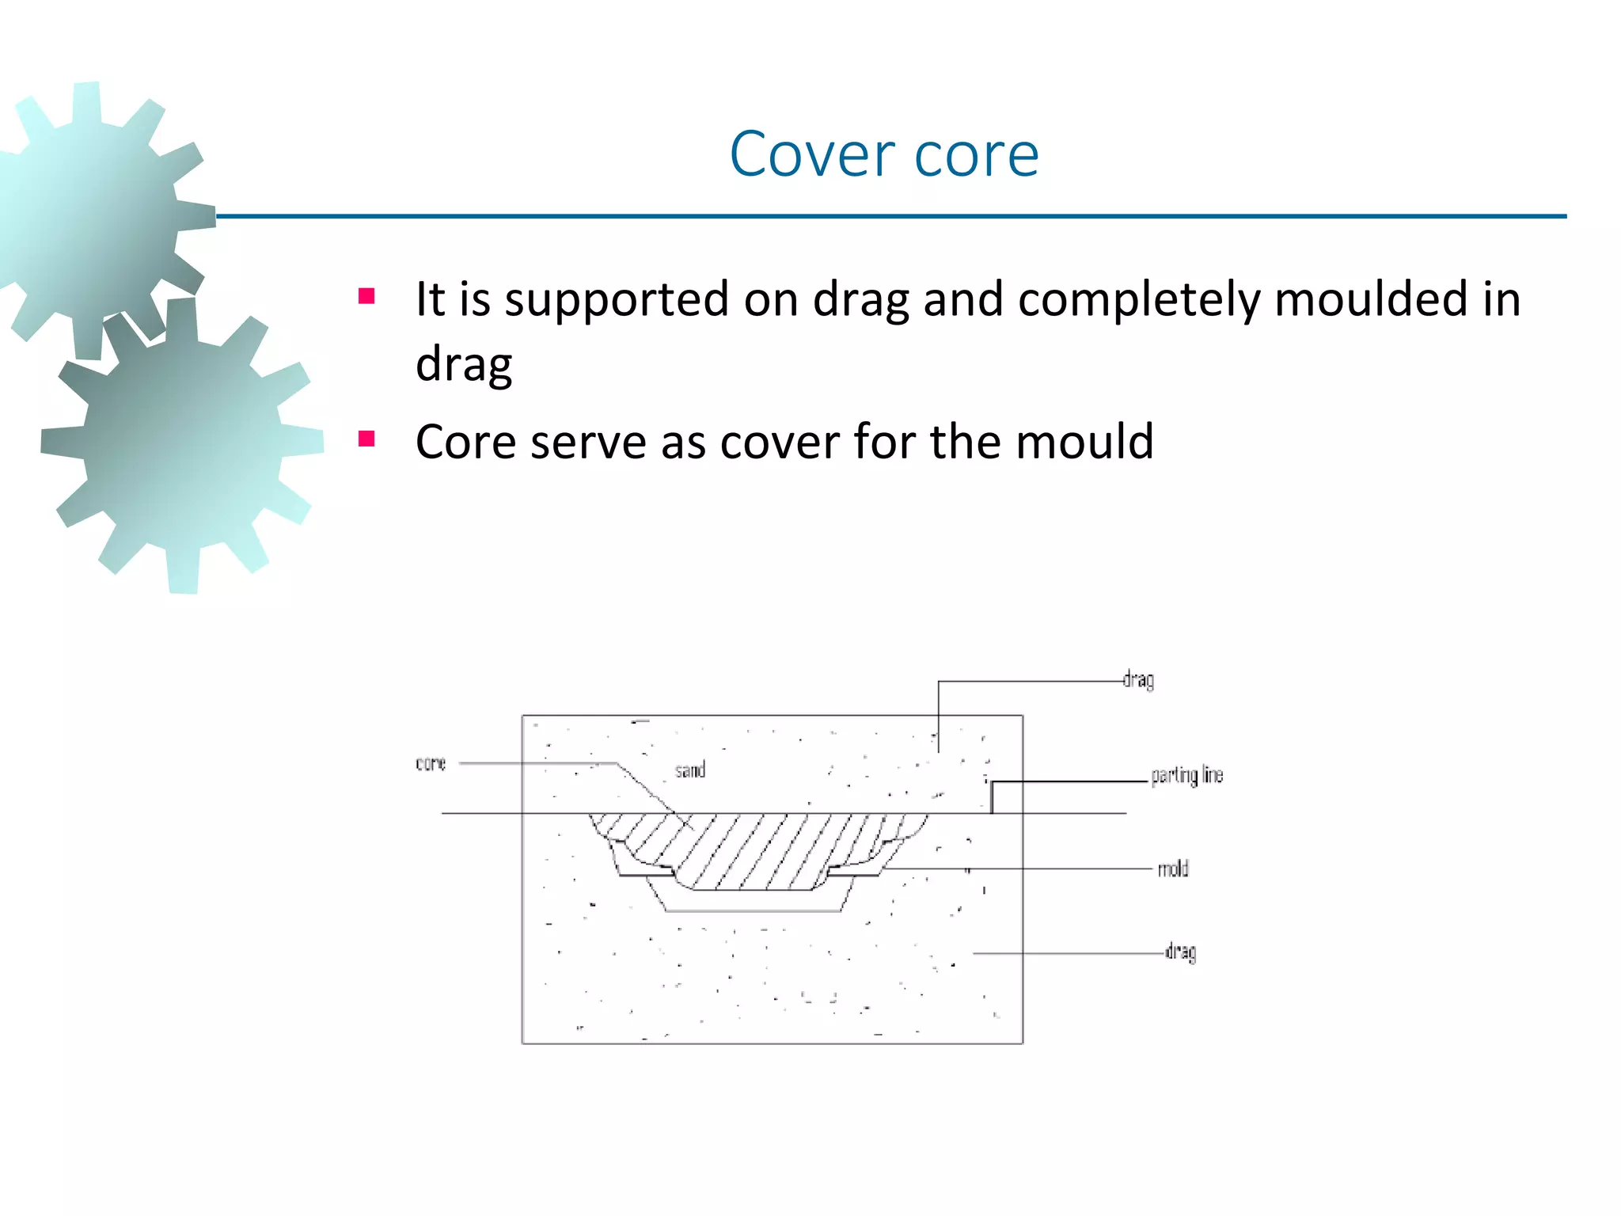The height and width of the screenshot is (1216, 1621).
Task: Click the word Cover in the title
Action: [812, 154]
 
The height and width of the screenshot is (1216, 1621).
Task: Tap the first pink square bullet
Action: [366, 297]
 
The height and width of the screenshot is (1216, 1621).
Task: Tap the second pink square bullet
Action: [366, 439]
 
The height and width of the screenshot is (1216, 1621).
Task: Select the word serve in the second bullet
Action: [588, 443]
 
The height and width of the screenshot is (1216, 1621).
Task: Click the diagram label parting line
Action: [1186, 775]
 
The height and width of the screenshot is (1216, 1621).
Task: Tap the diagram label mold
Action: [1173, 869]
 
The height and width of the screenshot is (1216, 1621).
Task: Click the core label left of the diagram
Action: [431, 763]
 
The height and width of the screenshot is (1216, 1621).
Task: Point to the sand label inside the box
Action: [689, 770]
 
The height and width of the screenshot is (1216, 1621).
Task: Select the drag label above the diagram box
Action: [1138, 680]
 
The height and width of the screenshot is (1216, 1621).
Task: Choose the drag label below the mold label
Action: [1180, 952]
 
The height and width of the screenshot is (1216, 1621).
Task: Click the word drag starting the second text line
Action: [464, 365]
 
